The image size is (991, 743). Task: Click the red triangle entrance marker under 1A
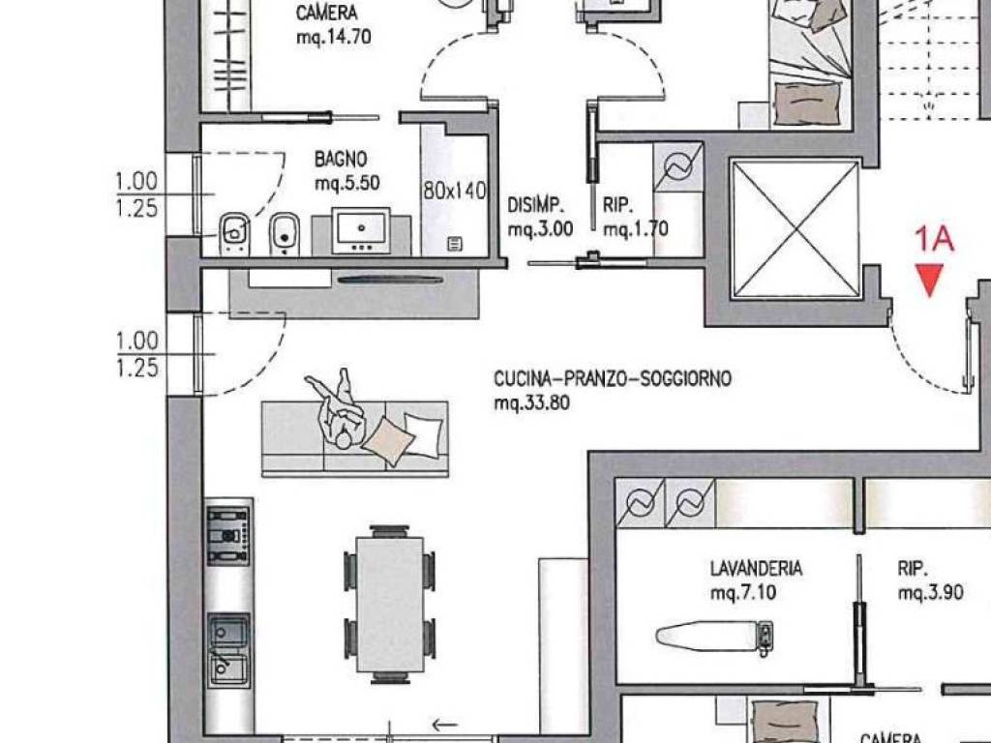[x=930, y=280]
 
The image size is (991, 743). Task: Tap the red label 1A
[x=934, y=240]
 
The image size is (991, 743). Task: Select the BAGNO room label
[x=341, y=159]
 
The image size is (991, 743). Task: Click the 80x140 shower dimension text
[x=455, y=191]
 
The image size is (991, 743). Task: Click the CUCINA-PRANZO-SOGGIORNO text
[x=613, y=378]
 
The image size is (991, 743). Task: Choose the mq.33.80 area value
[x=531, y=402]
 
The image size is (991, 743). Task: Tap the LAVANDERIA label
[x=756, y=568]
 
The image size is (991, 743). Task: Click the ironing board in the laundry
[x=714, y=635]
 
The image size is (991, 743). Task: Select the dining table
[x=390, y=604]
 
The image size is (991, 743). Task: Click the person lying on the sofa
[x=338, y=409]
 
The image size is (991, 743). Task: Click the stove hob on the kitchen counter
[x=228, y=535]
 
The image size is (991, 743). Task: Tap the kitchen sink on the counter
[x=228, y=651]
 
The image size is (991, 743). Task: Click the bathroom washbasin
[x=361, y=230]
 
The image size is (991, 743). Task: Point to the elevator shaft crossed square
[x=796, y=228]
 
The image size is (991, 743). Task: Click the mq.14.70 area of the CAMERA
[x=334, y=37]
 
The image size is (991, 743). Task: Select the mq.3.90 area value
[x=930, y=592]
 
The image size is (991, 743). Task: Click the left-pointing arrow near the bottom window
[x=445, y=724]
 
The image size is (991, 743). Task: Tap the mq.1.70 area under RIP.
[x=635, y=228]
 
